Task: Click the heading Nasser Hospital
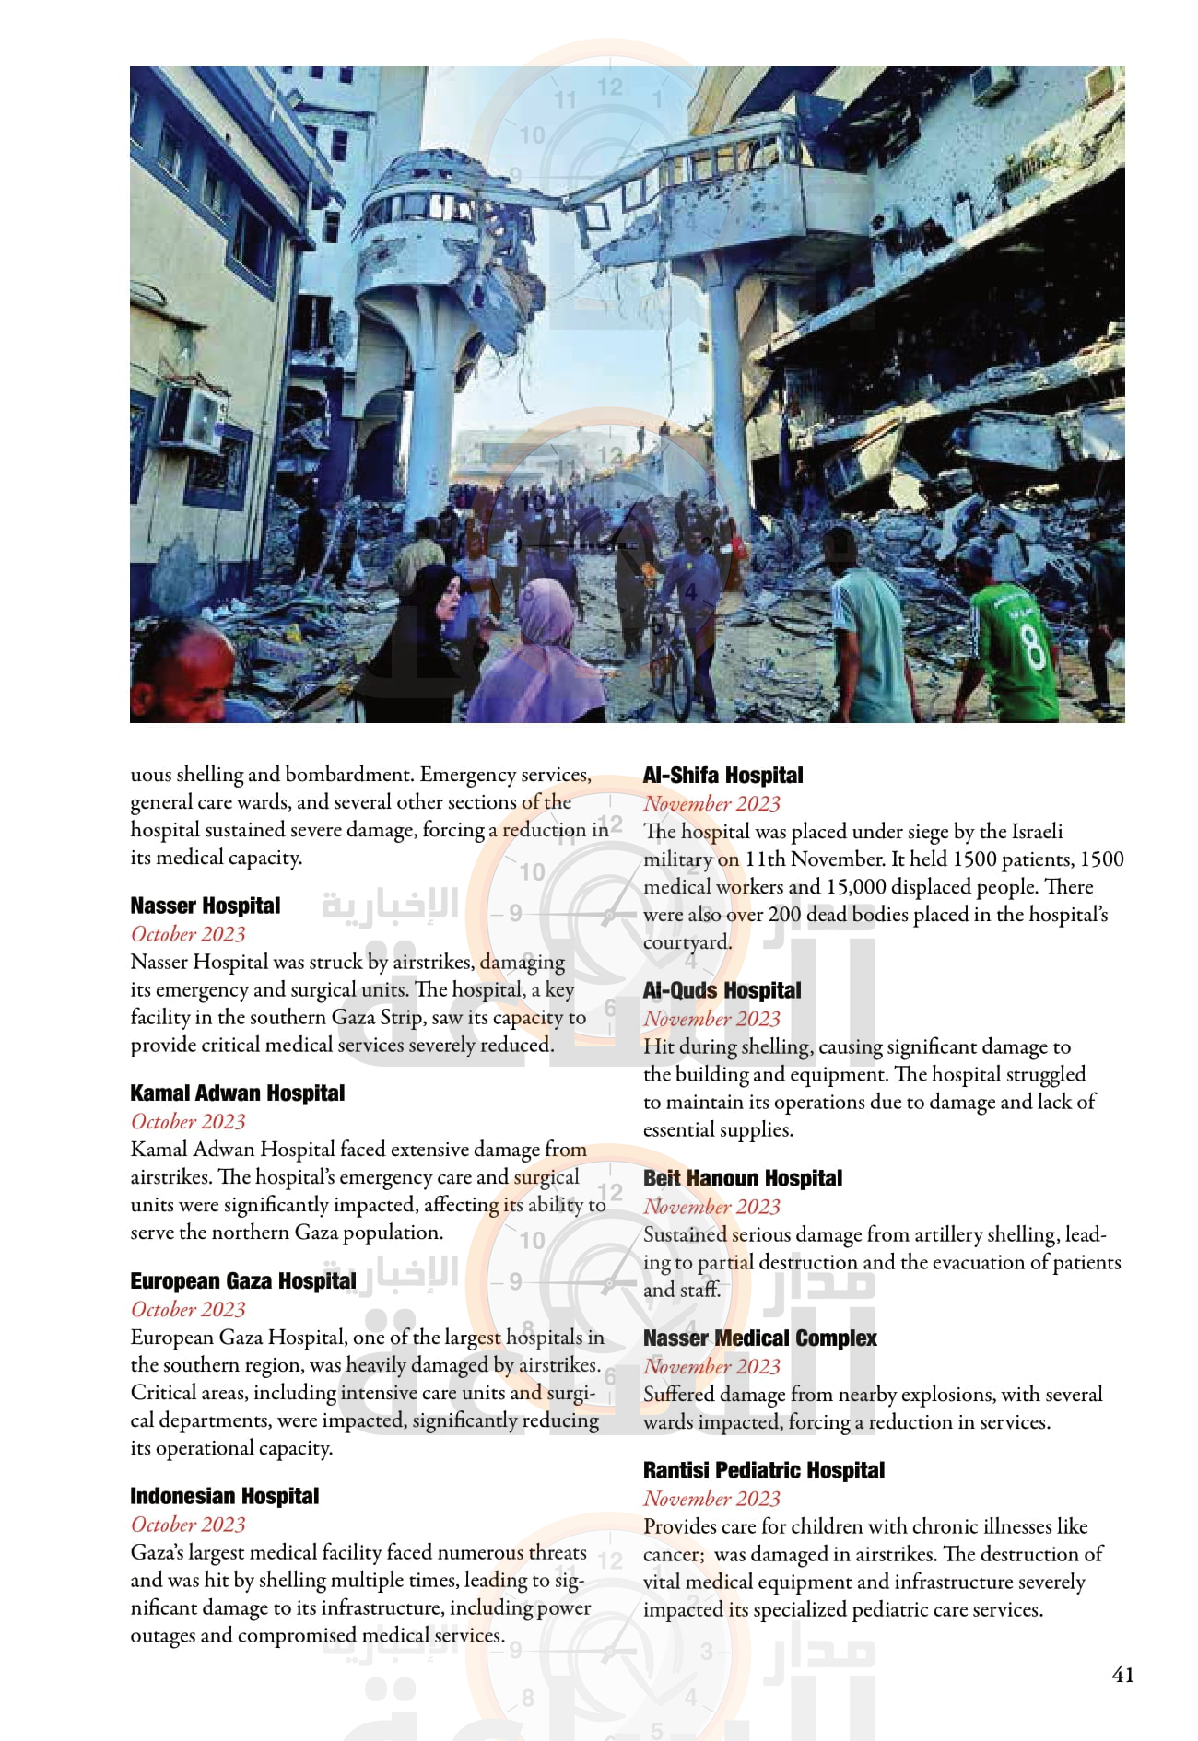pyautogui.click(x=205, y=906)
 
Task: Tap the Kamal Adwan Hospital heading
pyautogui.click(x=237, y=1093)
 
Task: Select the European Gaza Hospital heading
pyautogui.click(x=242, y=1281)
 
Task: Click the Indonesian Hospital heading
pyautogui.click(x=224, y=1496)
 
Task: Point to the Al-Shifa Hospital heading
pyautogui.click(x=722, y=776)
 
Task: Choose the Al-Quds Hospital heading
pyautogui.click(x=722, y=990)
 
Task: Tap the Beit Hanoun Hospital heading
pyautogui.click(x=742, y=1178)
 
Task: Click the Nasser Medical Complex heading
pyautogui.click(x=759, y=1338)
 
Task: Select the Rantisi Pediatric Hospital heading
pyautogui.click(x=763, y=1470)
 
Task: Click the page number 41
pyautogui.click(x=1122, y=1675)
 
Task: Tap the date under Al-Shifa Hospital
pyautogui.click(x=711, y=803)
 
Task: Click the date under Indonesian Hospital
pyautogui.click(x=188, y=1525)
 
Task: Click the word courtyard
pyautogui.click(x=687, y=942)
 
